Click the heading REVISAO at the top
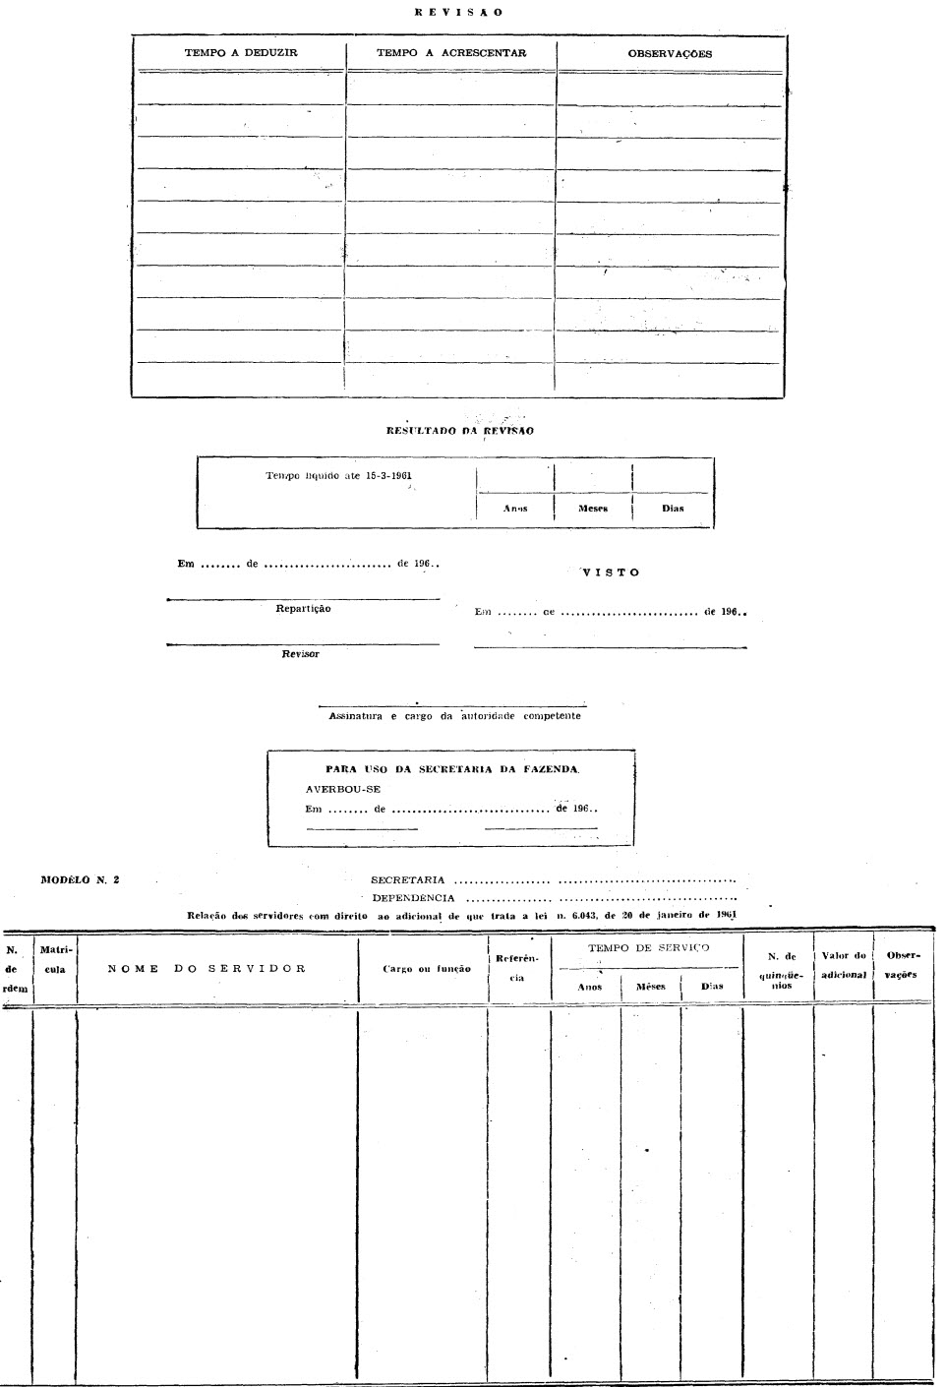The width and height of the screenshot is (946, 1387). pos(458,13)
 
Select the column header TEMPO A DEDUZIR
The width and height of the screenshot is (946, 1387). pos(241,53)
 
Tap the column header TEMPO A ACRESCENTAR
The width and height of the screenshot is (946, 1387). pos(451,53)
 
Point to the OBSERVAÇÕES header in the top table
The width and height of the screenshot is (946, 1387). pos(670,54)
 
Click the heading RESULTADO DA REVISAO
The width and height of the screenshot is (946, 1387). pos(461,431)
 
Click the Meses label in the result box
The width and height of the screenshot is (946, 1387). pos(593,509)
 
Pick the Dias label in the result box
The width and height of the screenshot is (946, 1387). pos(673,509)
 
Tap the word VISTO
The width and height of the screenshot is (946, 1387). pos(611,573)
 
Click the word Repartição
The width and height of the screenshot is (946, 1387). pos(303,609)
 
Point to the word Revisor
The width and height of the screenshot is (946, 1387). pos(300,654)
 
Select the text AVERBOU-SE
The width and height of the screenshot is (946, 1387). pos(343,789)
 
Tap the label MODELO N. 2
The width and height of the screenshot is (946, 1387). pos(81,879)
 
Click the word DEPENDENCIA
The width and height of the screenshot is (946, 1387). pos(413,898)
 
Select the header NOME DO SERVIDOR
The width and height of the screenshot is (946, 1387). pos(207,968)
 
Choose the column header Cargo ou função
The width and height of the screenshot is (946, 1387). pos(427,969)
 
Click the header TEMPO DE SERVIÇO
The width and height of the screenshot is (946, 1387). pos(649,948)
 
